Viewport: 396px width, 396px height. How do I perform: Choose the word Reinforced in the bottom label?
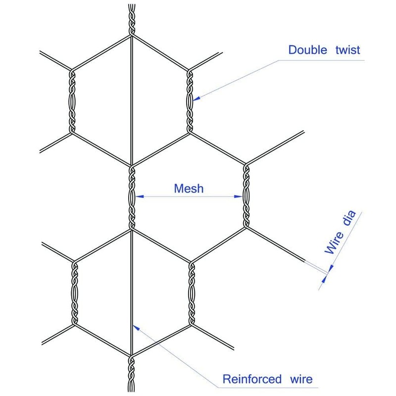[x=251, y=380]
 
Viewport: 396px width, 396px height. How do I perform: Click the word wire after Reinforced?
[x=299, y=380]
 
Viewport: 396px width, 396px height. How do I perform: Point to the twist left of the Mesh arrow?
[x=132, y=197]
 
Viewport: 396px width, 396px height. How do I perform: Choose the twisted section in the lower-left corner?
[x=75, y=293]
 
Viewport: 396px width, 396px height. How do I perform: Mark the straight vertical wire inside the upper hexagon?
[x=131, y=99]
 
